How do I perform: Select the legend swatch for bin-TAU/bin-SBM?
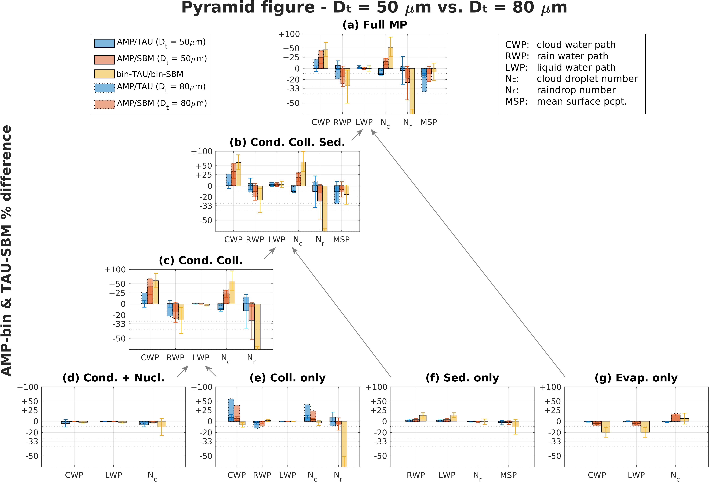[104, 74]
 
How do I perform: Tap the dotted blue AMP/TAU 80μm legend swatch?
[104, 88]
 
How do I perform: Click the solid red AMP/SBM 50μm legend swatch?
[104, 60]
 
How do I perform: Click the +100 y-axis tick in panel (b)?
[201, 152]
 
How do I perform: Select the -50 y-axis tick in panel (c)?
[119, 339]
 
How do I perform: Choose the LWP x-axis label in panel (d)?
[113, 475]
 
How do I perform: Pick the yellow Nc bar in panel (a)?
[391, 58]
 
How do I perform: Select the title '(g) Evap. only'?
[636, 378]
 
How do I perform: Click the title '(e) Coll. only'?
[287, 378]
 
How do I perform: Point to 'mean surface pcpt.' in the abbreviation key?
[581, 101]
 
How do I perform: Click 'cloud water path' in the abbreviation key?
[576, 45]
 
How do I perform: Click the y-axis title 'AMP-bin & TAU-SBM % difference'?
[7, 250]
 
